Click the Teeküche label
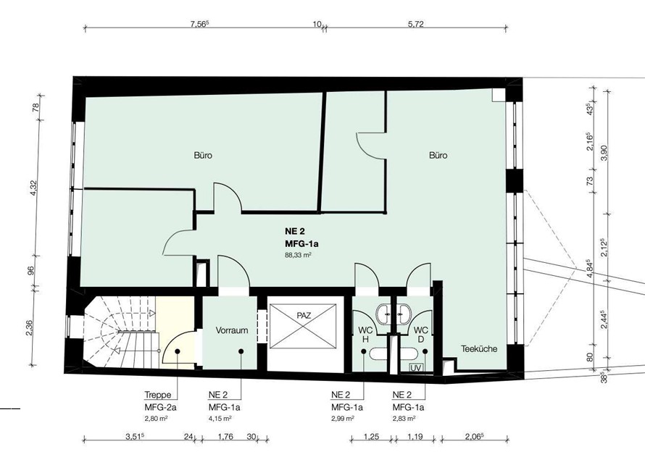(x=479, y=349)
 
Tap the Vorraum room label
(x=232, y=330)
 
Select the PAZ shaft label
(x=304, y=316)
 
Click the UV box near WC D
(x=415, y=367)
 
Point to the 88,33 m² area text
(x=298, y=255)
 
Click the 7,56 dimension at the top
(x=200, y=24)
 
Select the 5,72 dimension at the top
(x=415, y=24)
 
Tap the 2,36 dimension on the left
(x=29, y=327)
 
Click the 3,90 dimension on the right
(x=604, y=153)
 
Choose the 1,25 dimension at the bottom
(x=371, y=437)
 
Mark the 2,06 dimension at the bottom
(x=473, y=437)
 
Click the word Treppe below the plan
(x=157, y=395)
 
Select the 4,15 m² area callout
(x=220, y=418)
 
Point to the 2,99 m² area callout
(x=343, y=418)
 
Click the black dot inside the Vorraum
(x=241, y=351)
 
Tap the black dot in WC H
(x=364, y=351)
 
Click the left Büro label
(x=203, y=156)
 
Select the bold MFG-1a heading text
(x=301, y=244)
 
